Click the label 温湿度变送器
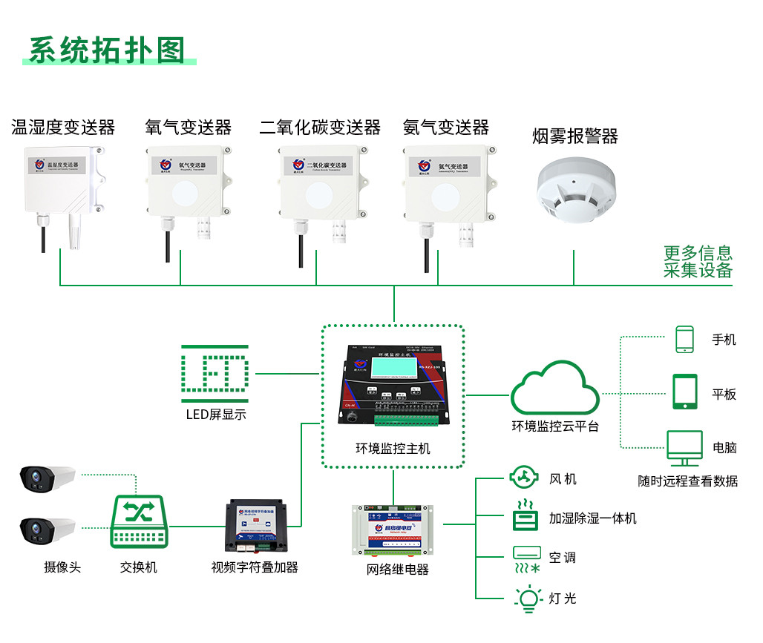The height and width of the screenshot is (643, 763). point(63,128)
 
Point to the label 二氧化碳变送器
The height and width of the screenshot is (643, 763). point(320,128)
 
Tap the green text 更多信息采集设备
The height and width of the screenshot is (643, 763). point(697,262)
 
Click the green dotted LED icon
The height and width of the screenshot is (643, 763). point(215,373)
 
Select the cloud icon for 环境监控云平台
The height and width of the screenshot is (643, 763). point(554,389)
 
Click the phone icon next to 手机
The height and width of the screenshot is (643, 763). point(684,339)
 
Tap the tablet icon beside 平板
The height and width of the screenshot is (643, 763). point(684,392)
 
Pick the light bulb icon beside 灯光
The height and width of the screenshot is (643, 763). point(527,599)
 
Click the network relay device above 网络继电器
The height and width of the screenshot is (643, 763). point(392,530)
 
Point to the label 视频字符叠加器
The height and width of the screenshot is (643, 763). point(255,567)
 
